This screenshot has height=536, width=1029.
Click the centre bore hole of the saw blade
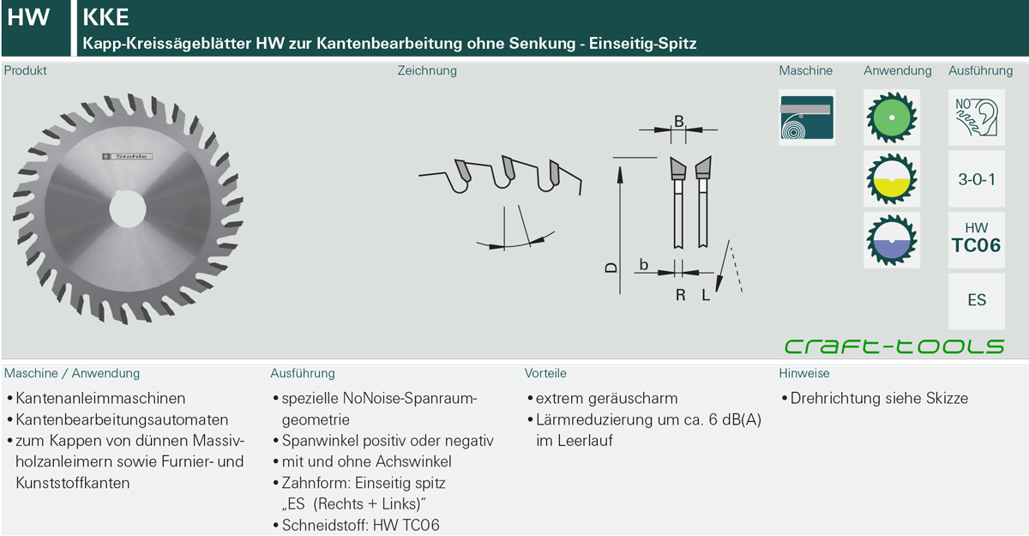tap(128, 209)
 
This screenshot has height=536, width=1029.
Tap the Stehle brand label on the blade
tap(127, 157)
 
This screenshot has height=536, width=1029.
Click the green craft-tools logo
tap(894, 346)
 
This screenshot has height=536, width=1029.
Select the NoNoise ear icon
tap(977, 117)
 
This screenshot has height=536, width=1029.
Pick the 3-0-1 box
tap(977, 178)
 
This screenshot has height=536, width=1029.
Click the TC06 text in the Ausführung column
tap(976, 245)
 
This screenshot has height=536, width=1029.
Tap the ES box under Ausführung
tap(977, 301)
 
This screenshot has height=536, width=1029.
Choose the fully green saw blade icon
tap(892, 117)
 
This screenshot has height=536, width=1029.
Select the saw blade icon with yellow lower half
tap(892, 178)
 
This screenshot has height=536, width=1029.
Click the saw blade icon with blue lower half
tap(892, 240)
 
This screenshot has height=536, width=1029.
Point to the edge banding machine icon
tap(807, 117)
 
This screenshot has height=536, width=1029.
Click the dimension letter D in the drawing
tap(611, 267)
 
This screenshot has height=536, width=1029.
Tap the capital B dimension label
tap(678, 121)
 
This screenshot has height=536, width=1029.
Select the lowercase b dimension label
tap(644, 264)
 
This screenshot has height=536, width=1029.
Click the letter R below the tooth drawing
tap(680, 295)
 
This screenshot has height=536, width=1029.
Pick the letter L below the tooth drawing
tap(706, 295)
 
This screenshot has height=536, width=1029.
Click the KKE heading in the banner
tap(105, 17)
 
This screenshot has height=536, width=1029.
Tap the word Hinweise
tap(804, 373)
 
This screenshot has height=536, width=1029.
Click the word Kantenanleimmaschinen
tap(100, 398)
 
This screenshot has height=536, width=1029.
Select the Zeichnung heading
tap(427, 70)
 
